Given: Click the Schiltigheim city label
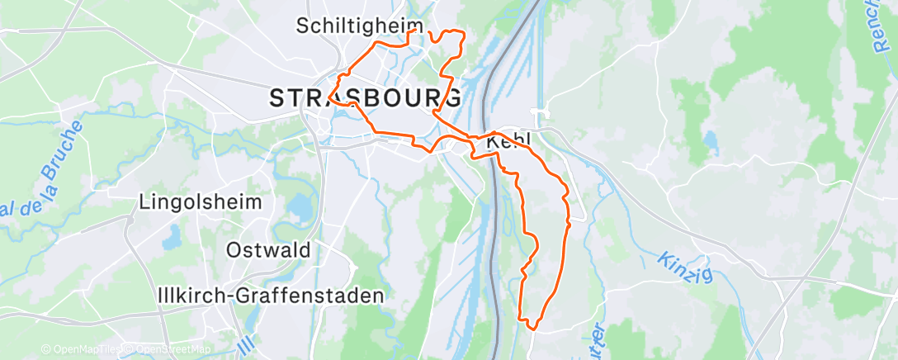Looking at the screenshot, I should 359,26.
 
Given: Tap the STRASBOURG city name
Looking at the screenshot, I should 366,98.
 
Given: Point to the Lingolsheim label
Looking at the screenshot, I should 201,201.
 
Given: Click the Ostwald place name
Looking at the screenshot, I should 268,249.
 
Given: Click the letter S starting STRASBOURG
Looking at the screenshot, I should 278,98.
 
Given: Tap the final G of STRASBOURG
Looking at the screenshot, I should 452,98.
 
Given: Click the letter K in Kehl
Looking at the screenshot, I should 494,143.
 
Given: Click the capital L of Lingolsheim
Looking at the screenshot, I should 144,201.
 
